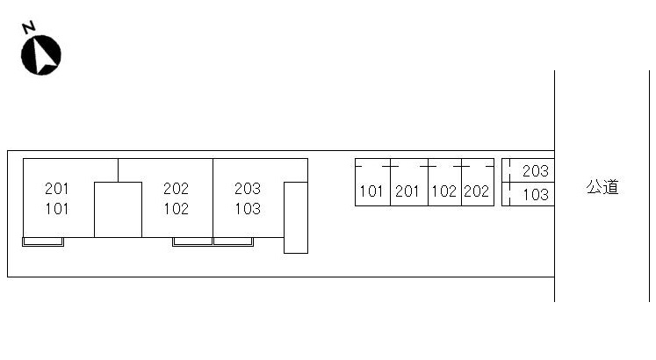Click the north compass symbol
click(41, 54)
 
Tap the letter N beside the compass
click(28, 27)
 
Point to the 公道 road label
click(602, 187)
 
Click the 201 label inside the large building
click(57, 188)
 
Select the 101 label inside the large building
click(57, 209)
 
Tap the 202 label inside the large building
click(177, 188)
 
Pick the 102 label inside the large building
click(177, 209)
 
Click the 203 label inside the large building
click(248, 188)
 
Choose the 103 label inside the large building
click(248, 209)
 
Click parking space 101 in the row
click(372, 191)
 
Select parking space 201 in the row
click(407, 191)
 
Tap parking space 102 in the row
click(444, 191)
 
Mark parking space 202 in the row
click(476, 191)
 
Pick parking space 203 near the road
click(535, 171)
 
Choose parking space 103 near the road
click(535, 195)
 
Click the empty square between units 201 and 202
click(118, 209)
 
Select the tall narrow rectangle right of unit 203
click(296, 217)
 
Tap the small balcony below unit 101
click(43, 241)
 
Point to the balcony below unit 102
click(192, 241)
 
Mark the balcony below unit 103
click(233, 241)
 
